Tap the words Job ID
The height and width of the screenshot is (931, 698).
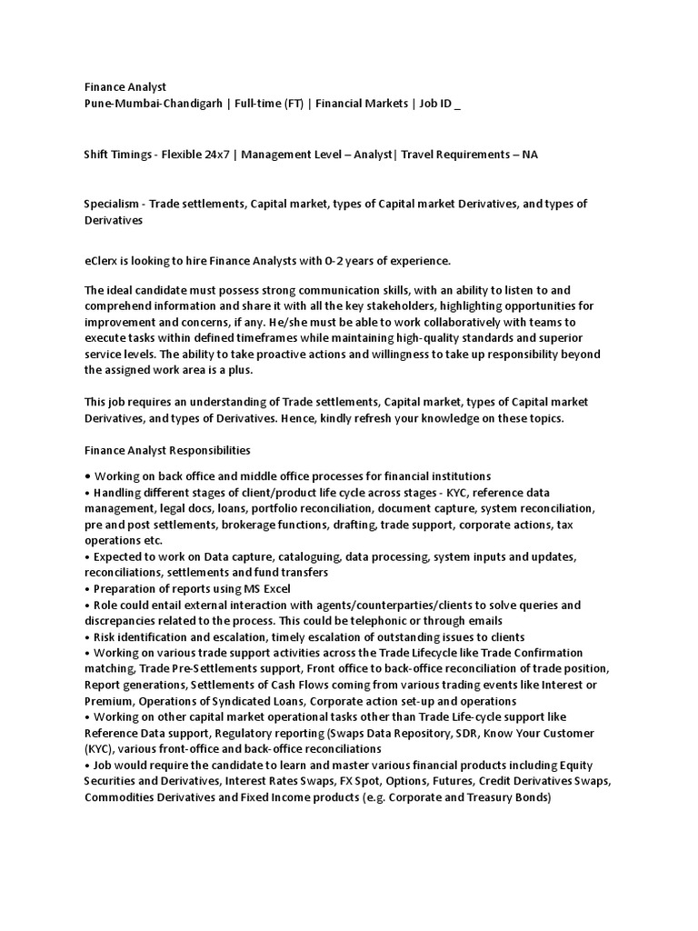(x=434, y=104)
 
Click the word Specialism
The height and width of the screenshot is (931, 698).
(x=112, y=204)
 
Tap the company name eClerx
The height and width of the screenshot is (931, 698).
(x=101, y=261)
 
